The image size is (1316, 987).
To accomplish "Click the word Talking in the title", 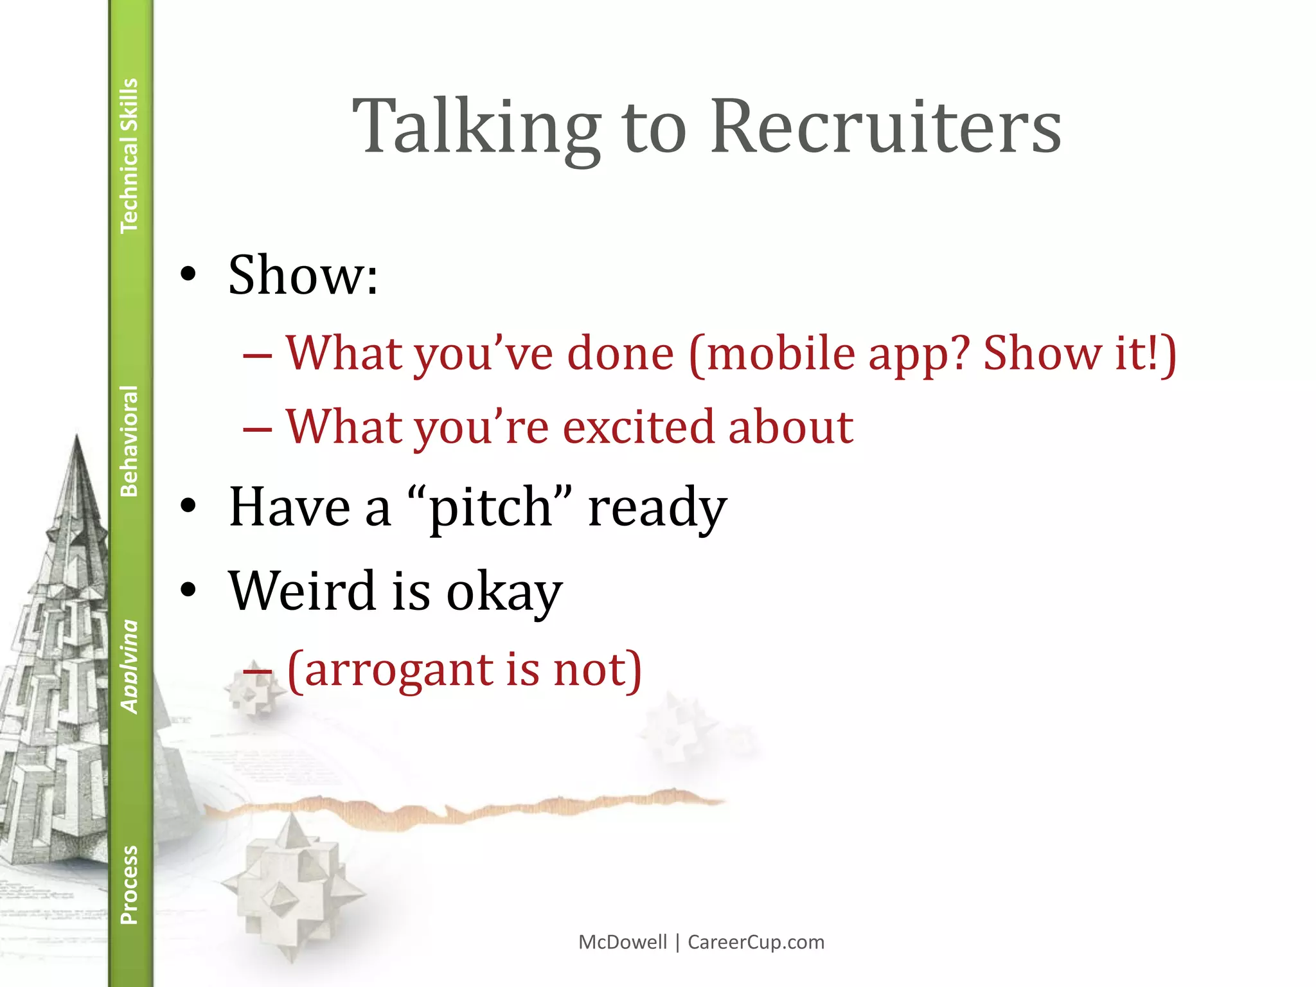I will [476, 127].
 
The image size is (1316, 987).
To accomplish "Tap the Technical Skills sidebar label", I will [129, 155].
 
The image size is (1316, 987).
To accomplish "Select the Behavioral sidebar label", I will [129, 441].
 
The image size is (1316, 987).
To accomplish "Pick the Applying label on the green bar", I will [129, 666].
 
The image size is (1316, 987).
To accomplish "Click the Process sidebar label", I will [129, 885].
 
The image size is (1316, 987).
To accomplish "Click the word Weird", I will [302, 591].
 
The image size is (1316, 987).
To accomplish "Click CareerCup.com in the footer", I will [756, 942].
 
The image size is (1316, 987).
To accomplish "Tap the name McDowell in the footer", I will [623, 942].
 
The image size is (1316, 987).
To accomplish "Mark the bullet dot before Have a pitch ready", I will [188, 506].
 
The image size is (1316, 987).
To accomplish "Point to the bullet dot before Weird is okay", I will [188, 590].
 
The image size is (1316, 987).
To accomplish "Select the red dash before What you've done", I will [258, 355].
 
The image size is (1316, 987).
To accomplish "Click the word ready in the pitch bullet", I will [657, 508].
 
